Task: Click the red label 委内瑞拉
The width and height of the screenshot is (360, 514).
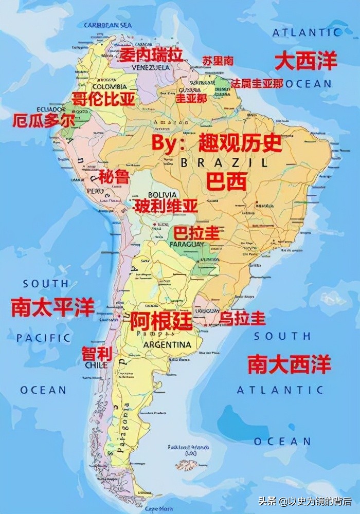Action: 151,54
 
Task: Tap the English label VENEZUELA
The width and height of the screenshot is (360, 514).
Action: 151,67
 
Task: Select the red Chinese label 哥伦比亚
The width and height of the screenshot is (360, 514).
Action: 103,99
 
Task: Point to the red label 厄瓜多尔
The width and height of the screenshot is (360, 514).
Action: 44,121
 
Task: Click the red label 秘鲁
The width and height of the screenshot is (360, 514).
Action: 114,177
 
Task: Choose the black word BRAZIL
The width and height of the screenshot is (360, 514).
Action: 224,163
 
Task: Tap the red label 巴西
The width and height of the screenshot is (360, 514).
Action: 227,181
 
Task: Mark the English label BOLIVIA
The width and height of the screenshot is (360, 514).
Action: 163,195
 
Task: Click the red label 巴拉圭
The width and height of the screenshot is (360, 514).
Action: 196,233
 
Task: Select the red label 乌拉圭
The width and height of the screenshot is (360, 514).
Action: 243,319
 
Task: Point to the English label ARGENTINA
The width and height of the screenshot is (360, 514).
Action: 167,344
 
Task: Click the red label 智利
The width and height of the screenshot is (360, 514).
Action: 97,354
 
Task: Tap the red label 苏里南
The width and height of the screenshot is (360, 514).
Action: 218,61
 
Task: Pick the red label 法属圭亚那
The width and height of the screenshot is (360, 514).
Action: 257,83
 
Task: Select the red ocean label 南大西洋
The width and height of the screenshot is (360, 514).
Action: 290,364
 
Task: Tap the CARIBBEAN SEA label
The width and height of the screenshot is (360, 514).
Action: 109,25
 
